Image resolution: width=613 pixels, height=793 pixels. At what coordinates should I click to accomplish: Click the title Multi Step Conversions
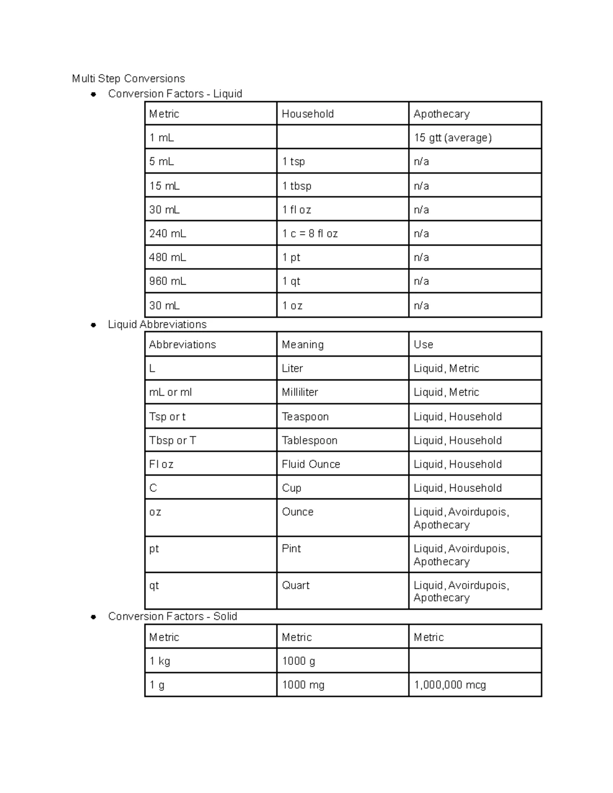tap(128, 79)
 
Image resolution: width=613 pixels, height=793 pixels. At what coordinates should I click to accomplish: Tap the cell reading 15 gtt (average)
tap(453, 138)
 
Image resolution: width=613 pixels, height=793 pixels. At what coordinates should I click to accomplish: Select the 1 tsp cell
tap(293, 162)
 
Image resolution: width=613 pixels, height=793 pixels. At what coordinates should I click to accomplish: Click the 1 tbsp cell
tap(297, 186)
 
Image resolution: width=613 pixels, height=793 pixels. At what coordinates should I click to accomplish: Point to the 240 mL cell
tap(168, 234)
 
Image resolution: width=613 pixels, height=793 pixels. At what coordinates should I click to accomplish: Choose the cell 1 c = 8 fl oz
tap(310, 234)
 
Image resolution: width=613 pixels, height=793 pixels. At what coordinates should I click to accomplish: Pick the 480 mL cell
tap(168, 257)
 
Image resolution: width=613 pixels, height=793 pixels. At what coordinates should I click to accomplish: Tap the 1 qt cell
tap(291, 281)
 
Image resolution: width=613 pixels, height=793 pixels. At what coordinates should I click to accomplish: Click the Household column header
tap(308, 114)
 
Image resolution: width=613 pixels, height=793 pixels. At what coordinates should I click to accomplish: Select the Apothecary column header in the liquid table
tap(441, 114)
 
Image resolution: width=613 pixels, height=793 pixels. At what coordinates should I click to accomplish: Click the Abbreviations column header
tap(182, 345)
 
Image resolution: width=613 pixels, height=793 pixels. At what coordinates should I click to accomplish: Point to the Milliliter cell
tap(300, 392)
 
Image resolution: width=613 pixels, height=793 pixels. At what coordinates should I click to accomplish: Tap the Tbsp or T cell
tap(173, 440)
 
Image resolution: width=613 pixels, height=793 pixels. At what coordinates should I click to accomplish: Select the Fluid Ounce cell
tap(311, 464)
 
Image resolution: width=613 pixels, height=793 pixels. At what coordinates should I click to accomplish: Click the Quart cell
tap(296, 585)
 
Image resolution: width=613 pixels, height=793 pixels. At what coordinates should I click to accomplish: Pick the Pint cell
tap(291, 548)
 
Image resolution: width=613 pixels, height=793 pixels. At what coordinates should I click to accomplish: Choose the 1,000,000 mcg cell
tap(450, 685)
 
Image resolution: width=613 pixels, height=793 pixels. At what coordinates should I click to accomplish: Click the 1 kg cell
tap(160, 661)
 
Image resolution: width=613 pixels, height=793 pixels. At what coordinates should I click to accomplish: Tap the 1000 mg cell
tap(303, 685)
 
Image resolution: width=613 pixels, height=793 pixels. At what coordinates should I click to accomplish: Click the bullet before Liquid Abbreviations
tap(93, 325)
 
